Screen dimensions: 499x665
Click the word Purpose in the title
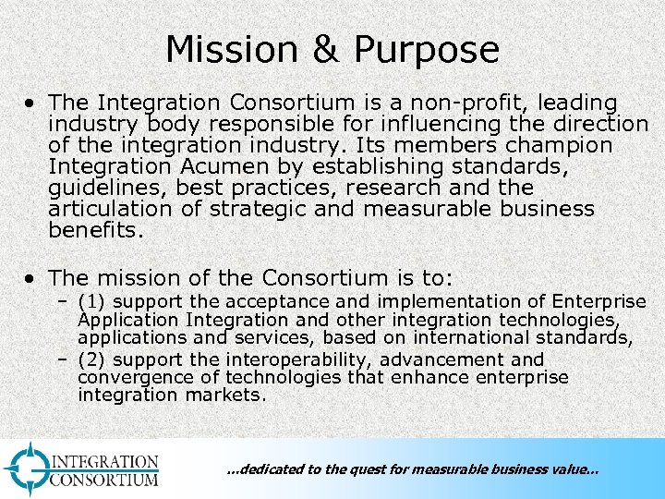pos(430,50)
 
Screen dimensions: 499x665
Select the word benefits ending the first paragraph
pos(95,230)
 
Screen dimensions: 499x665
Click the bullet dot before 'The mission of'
pos(32,278)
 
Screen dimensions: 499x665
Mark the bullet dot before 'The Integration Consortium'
pos(32,103)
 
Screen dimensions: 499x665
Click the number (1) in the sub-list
pos(92,302)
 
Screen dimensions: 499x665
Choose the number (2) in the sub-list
pos(92,359)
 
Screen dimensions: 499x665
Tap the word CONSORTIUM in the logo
pos(104,479)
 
